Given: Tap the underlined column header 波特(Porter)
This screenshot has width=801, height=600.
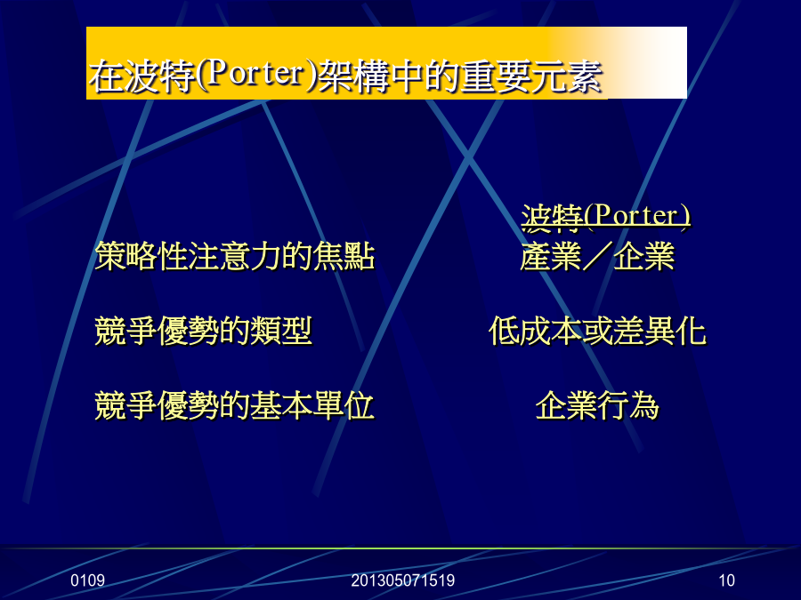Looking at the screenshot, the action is pyautogui.click(x=606, y=216).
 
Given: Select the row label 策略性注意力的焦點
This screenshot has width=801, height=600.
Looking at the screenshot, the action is pyautogui.click(x=235, y=256).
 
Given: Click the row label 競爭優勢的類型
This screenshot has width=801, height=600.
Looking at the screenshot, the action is pyautogui.click(x=203, y=332).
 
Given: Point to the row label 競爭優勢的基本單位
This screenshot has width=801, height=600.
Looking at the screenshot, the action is pyautogui.click(x=235, y=406).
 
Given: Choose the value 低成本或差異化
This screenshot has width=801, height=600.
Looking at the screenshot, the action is pyautogui.click(x=598, y=332).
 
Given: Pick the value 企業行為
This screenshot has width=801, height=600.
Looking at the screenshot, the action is pyautogui.click(x=598, y=406).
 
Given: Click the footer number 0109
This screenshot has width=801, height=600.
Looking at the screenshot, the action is pyautogui.click(x=88, y=580).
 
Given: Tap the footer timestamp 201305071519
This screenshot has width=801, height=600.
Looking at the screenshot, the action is pyautogui.click(x=402, y=580).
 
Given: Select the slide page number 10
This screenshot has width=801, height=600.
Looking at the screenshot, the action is pyautogui.click(x=726, y=580).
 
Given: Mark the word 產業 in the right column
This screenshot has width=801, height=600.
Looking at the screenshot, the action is pyautogui.click(x=551, y=256).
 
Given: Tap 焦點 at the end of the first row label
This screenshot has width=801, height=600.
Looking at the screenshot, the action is pyautogui.click(x=344, y=256).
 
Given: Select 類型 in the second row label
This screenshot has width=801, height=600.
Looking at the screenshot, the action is pyautogui.click(x=281, y=332).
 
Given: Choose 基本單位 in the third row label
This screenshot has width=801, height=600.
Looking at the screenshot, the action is pyautogui.click(x=312, y=406).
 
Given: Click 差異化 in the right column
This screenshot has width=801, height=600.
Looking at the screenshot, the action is pyautogui.click(x=660, y=332).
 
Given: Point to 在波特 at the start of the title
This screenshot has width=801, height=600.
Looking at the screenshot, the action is pyautogui.click(x=142, y=76).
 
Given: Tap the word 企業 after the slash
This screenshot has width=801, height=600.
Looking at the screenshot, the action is pyautogui.click(x=644, y=256).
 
